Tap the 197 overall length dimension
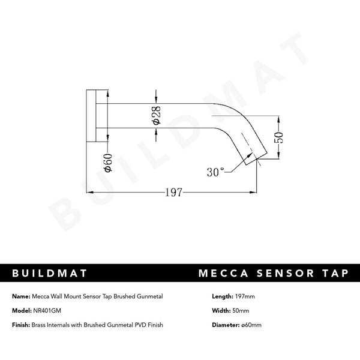(x=173, y=193)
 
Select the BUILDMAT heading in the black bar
(x=50, y=274)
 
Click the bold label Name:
(x=22, y=296)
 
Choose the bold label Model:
(x=23, y=310)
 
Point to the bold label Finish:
(x=23, y=325)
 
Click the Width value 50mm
(x=241, y=310)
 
